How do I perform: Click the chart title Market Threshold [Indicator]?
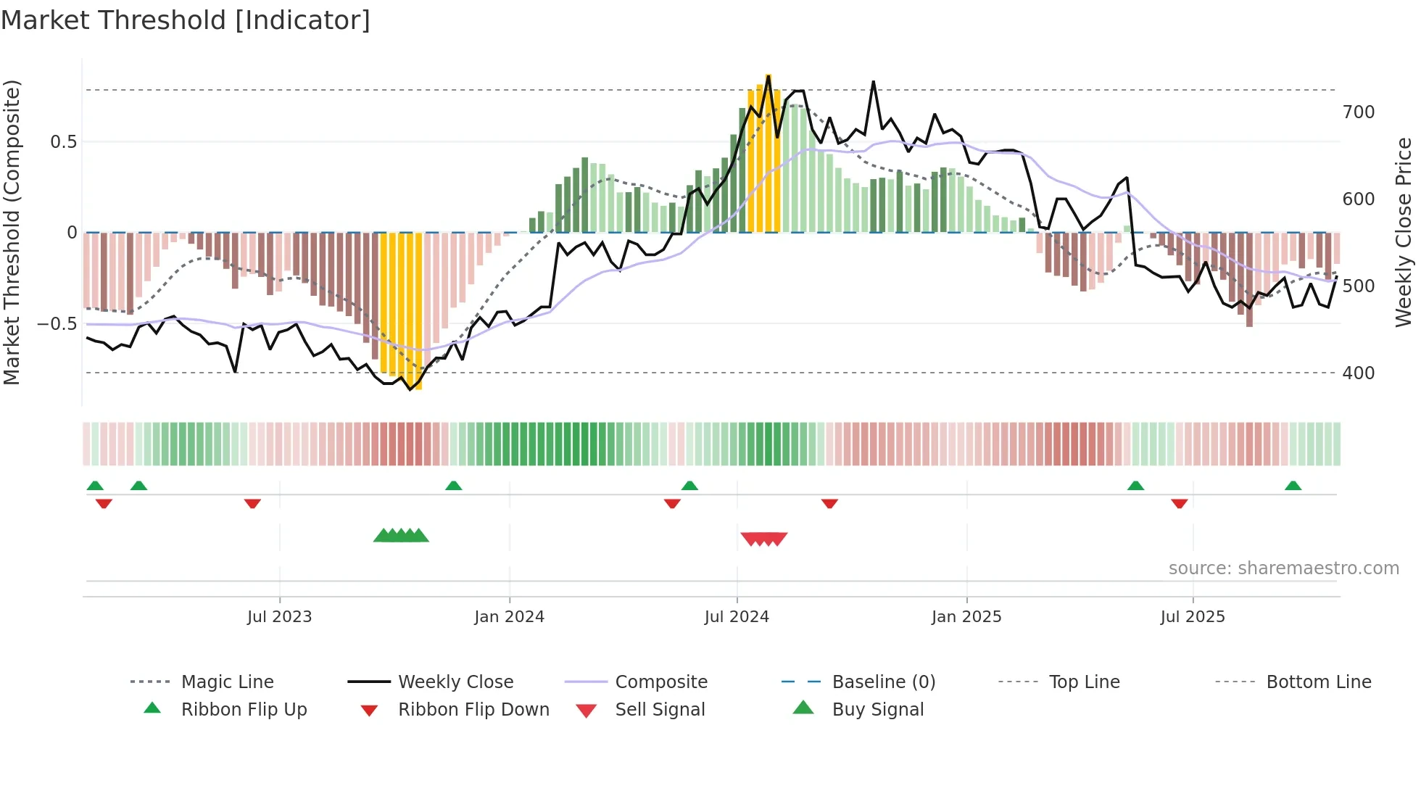pos(186,20)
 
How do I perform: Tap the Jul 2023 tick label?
pos(279,617)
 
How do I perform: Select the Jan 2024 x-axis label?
pos(509,617)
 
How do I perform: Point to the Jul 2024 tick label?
pos(737,617)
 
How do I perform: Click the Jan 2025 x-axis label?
pos(966,617)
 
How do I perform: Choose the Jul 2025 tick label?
pos(1193,617)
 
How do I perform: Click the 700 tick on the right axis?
pos(1359,112)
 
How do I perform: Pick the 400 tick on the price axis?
pos(1359,373)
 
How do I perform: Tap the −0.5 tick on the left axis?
pos(57,323)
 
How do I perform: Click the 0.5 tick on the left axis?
pos(63,142)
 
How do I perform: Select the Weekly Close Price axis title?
pos(1404,232)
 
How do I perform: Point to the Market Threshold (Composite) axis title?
pos(12,232)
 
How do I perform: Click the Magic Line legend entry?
pos(227,682)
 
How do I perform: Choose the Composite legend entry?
pos(660,682)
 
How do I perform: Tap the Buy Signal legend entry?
pos(877,710)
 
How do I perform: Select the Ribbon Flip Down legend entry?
pos(473,710)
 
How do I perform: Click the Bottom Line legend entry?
pos(1318,682)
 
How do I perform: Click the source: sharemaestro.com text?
pos(1283,568)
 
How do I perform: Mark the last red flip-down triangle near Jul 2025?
pos(1180,503)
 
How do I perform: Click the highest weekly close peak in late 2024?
pos(874,82)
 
